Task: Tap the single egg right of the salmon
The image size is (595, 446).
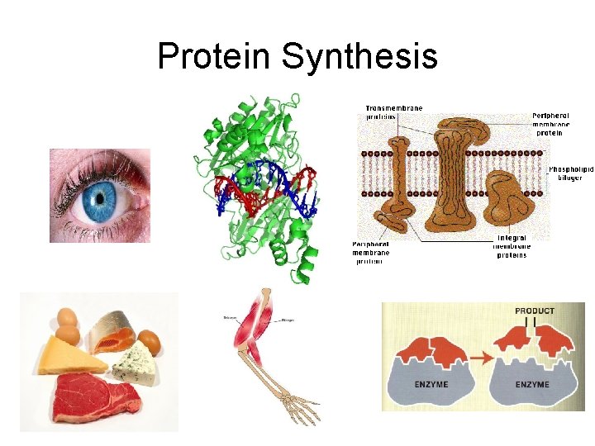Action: tap(149, 339)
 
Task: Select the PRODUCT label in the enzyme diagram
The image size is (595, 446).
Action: tap(535, 311)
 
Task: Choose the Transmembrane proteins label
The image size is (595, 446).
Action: tap(394, 112)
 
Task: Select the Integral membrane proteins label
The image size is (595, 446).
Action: tap(512, 246)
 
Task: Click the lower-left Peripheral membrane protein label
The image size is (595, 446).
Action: tap(370, 252)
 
